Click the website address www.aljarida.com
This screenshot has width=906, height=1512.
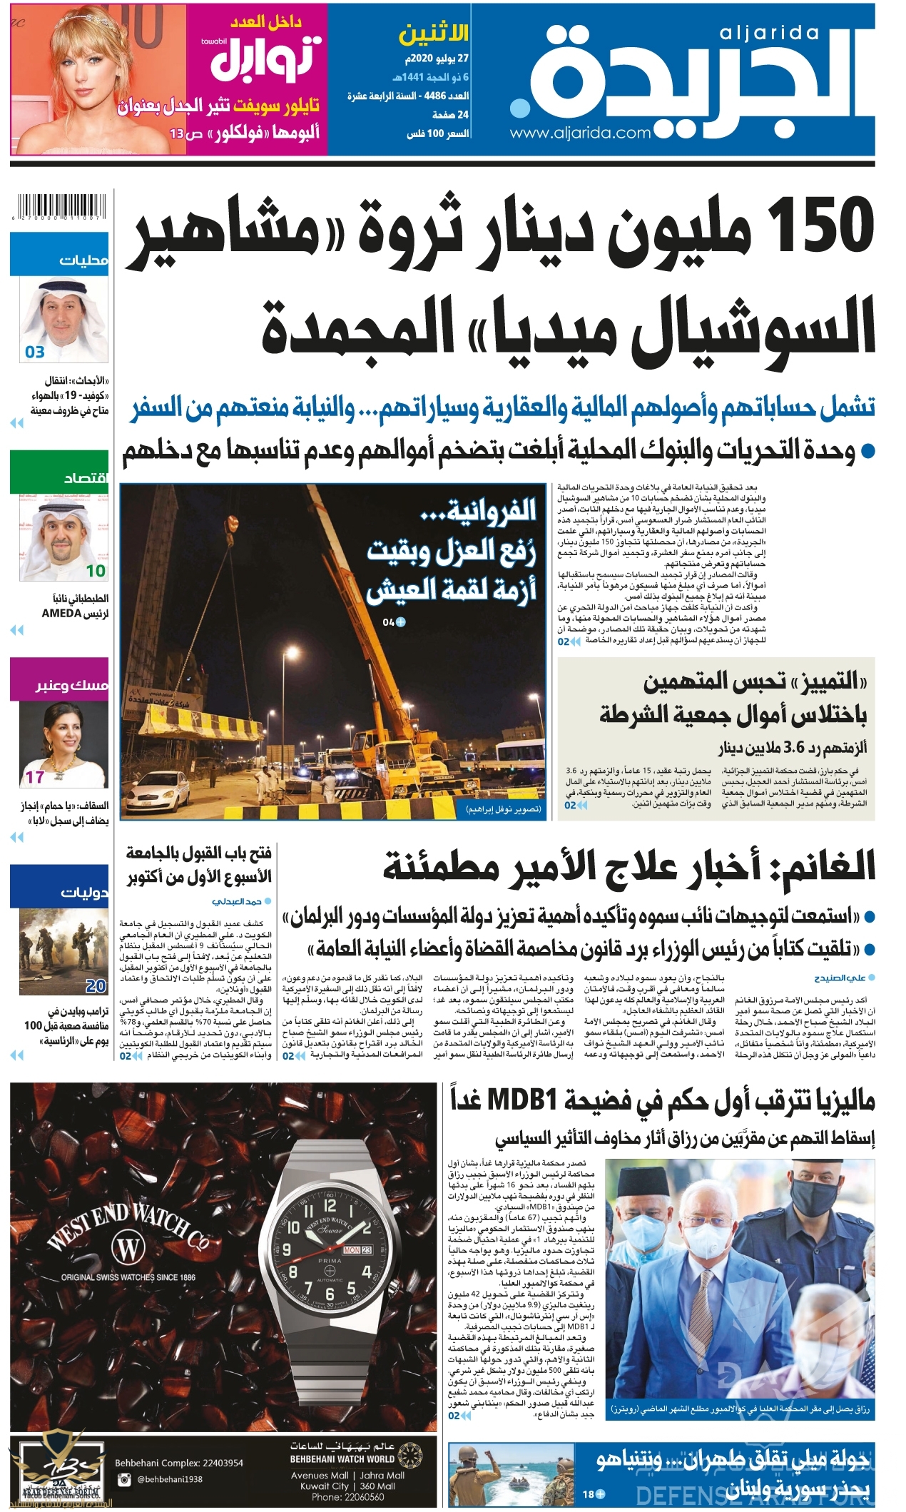click(x=580, y=133)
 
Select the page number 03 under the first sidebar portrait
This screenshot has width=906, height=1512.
click(x=35, y=352)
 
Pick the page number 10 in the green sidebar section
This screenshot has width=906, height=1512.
click(x=96, y=571)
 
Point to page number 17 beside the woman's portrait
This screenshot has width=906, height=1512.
click(x=35, y=777)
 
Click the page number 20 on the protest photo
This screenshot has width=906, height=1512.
click(x=96, y=986)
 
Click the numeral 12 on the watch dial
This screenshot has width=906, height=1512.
click(x=330, y=1206)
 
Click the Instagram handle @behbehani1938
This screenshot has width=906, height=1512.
click(x=170, y=1479)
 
